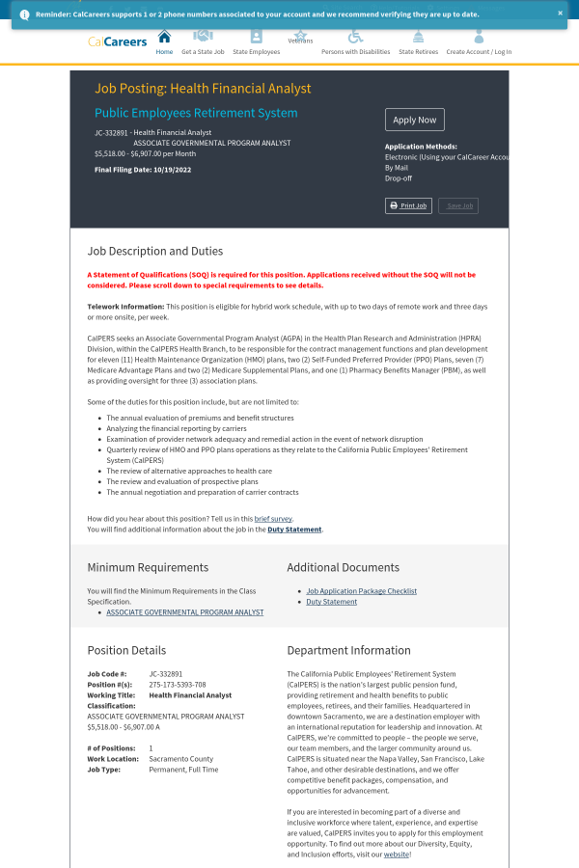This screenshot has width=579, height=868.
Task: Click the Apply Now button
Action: click(415, 120)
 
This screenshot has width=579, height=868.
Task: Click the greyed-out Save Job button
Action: click(457, 205)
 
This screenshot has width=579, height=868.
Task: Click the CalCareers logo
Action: click(118, 41)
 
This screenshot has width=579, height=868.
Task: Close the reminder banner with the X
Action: click(560, 14)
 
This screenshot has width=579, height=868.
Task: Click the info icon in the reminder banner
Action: click(24, 14)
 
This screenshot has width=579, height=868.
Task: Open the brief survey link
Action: click(273, 519)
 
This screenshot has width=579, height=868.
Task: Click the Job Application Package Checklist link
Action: click(361, 591)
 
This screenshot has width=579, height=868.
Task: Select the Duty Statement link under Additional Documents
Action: click(331, 602)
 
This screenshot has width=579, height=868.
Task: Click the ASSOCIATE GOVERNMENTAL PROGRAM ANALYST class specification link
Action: click(184, 612)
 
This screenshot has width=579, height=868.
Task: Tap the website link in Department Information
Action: click(397, 854)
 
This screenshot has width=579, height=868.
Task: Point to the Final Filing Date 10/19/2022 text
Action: click(143, 170)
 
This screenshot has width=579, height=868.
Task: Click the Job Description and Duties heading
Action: click(154, 251)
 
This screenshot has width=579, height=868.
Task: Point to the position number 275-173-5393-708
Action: click(177, 685)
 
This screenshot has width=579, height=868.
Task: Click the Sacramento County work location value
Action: click(180, 759)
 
